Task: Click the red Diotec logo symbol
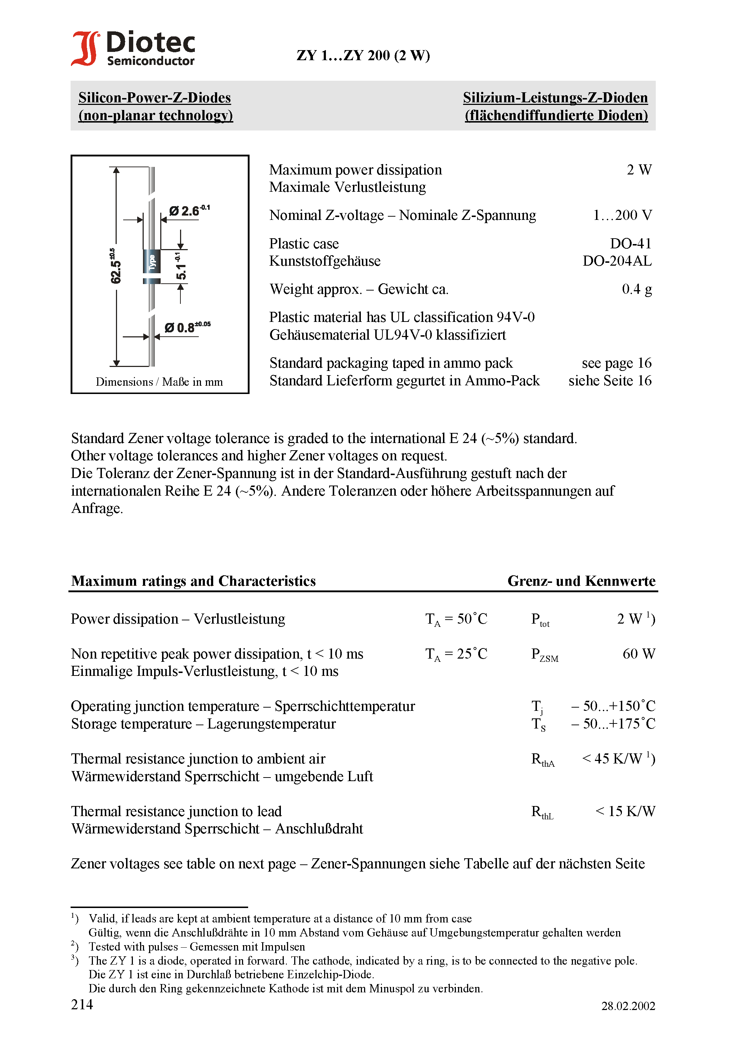85,48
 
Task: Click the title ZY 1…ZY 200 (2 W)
363,56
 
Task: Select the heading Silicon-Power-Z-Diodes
154,98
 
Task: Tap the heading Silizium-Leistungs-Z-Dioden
555,98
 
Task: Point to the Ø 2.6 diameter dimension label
189,211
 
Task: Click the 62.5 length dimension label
115,266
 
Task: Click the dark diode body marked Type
152,262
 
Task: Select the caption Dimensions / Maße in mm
159,382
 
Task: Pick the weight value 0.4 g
637,289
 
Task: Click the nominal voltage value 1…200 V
622,215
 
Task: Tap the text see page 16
617,363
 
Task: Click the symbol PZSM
544,655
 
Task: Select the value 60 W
638,654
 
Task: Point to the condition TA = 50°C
456,619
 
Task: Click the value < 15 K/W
625,812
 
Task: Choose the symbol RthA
543,760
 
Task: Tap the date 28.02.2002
628,1006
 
